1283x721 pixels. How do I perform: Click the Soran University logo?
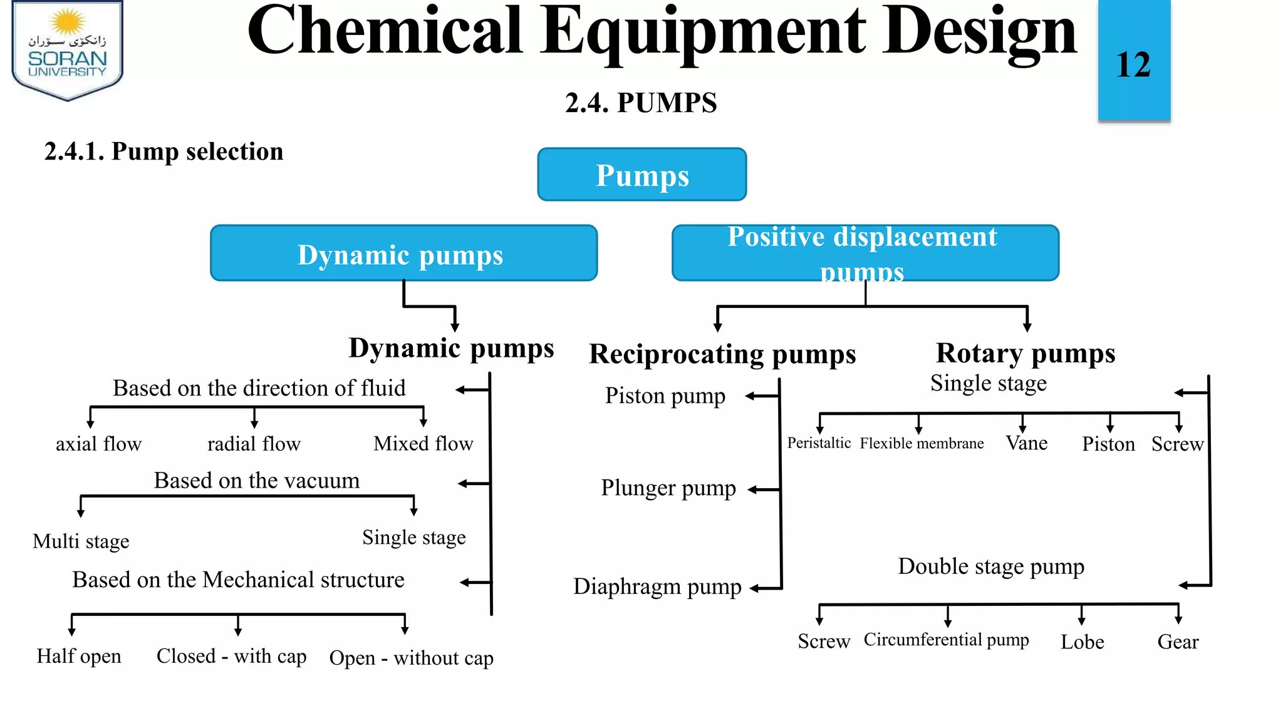click(x=68, y=50)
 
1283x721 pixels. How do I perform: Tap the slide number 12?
click(x=1133, y=64)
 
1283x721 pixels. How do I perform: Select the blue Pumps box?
click(x=642, y=175)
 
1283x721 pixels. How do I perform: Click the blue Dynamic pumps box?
click(x=403, y=253)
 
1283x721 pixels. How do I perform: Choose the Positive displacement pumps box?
click(x=865, y=253)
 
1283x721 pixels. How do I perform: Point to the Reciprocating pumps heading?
click(x=722, y=355)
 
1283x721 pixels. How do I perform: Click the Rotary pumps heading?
click(x=1026, y=354)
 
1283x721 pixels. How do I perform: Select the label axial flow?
click(x=98, y=444)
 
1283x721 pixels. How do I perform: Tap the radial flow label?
click(x=254, y=444)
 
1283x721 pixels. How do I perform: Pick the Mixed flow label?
click(x=423, y=443)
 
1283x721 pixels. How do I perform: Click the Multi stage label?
click(x=81, y=541)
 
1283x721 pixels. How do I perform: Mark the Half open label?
click(x=79, y=657)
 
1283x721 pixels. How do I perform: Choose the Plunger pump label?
click(x=668, y=488)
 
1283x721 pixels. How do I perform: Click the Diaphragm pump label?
click(x=657, y=587)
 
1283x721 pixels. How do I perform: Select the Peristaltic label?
click(x=819, y=443)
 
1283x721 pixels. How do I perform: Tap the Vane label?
click(x=1027, y=443)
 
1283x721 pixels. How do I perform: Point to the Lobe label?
click(x=1082, y=642)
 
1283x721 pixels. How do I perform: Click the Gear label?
click(x=1178, y=642)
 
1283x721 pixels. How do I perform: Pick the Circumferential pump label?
click(x=946, y=640)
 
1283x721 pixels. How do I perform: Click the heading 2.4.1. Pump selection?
click(x=164, y=152)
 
